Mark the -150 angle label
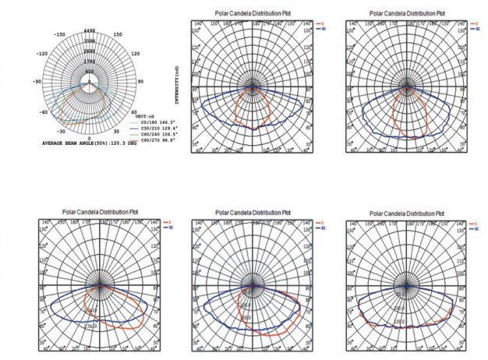click(60, 35)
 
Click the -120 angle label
click(42, 55)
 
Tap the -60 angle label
click(42, 111)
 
